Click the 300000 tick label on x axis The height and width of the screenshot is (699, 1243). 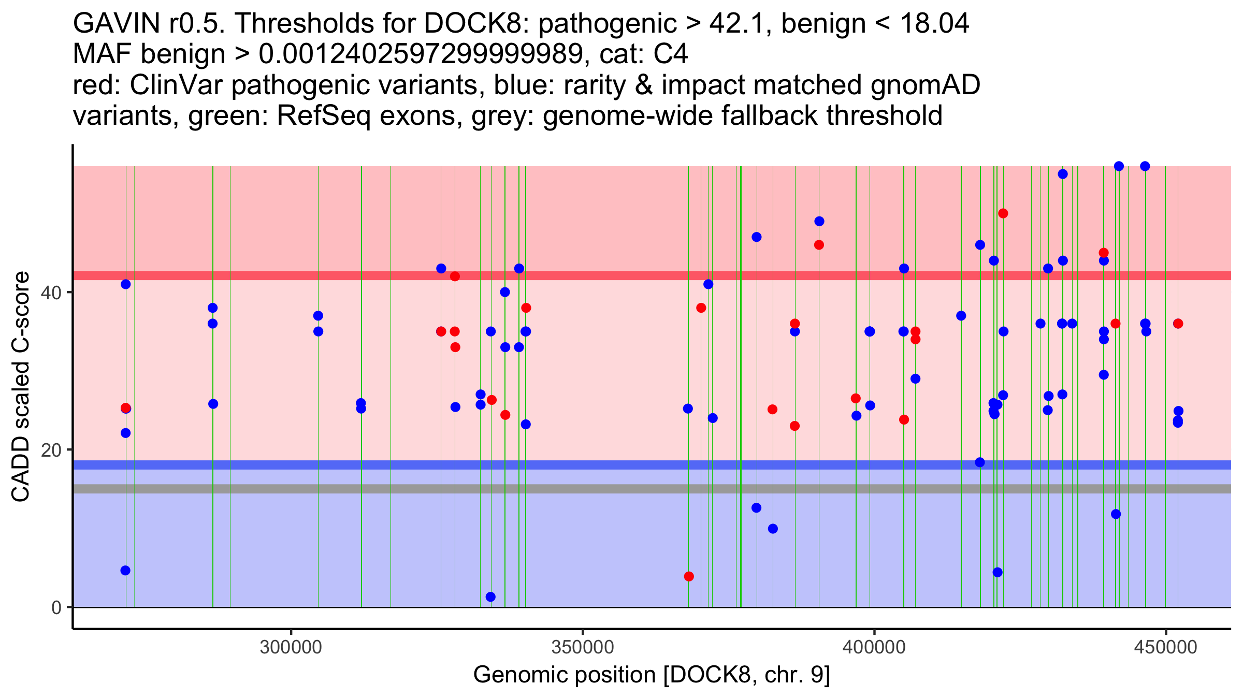point(291,647)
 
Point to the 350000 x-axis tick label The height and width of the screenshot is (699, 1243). point(583,647)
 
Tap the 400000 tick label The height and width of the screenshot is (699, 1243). point(874,647)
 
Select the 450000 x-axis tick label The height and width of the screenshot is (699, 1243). point(1166,647)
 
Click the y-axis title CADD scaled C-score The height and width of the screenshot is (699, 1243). point(21,387)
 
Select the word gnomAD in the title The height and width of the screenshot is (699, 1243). point(925,85)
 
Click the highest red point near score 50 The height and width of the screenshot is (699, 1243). point(1003,213)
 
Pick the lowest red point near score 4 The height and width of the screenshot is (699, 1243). point(689,576)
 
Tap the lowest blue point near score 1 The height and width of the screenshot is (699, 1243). point(490,597)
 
